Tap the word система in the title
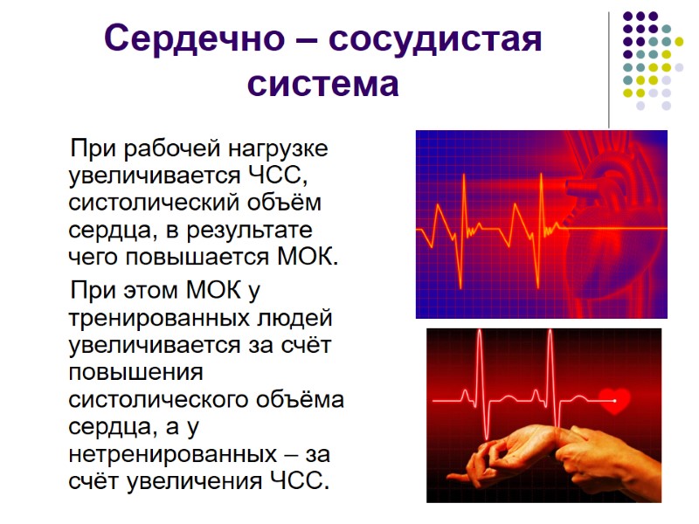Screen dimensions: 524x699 point(324,85)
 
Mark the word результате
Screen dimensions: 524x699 point(250,231)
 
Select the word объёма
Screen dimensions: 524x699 point(301,400)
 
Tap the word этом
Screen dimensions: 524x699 point(151,291)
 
